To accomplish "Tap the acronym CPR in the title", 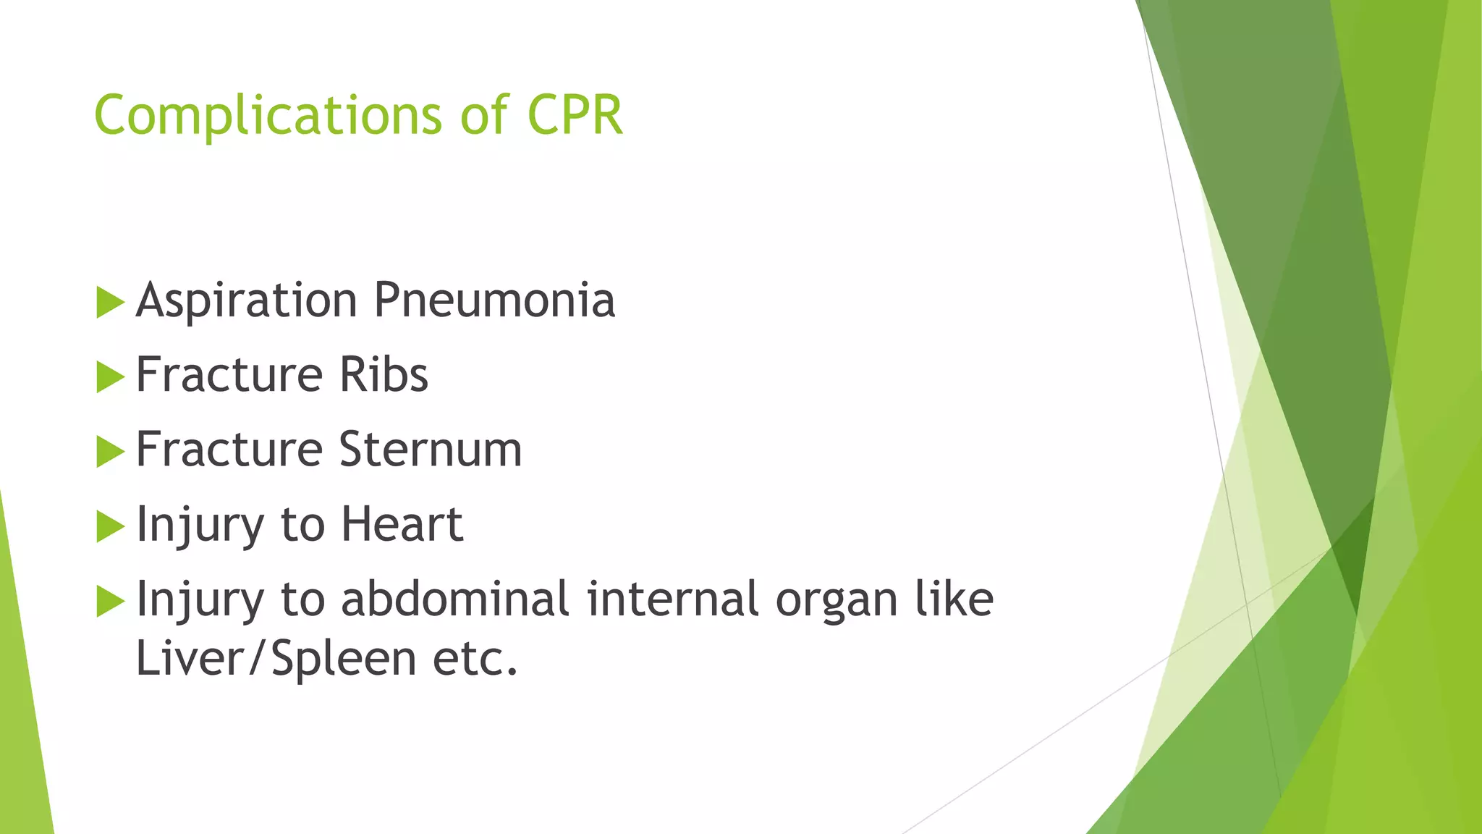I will click(x=575, y=116).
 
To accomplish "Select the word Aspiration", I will click(x=246, y=300).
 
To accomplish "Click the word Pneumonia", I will click(x=494, y=300).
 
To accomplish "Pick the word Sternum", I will click(x=430, y=450).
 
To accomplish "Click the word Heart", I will click(x=402, y=524).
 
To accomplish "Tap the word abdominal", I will click(x=455, y=599).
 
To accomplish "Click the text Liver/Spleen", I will click(x=276, y=659).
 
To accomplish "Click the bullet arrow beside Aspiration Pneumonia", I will click(x=110, y=303).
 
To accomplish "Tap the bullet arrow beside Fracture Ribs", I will click(x=110, y=377).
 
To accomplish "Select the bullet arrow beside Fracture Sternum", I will click(x=110, y=452).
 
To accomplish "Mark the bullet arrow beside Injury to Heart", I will click(x=110, y=526).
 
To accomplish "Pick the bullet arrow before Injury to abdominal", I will click(x=110, y=602).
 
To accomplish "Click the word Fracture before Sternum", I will click(x=229, y=450).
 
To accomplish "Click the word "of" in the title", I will click(x=484, y=116).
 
